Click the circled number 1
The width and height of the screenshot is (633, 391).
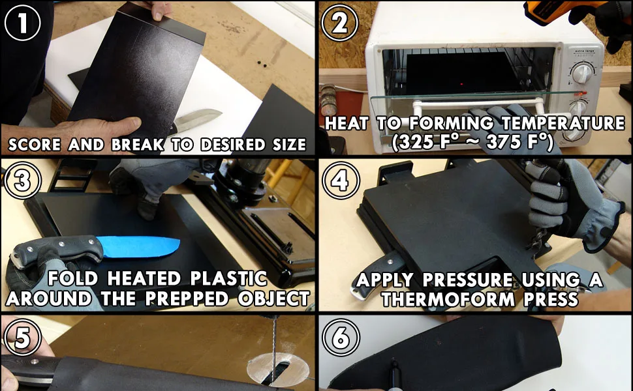tap(22, 23)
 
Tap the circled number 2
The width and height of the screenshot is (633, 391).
tap(339, 23)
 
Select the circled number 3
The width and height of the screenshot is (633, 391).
tap(23, 181)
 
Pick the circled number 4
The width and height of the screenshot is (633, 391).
tap(340, 181)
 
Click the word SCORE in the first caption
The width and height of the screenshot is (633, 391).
tap(35, 145)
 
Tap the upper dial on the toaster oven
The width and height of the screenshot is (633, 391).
tap(583, 74)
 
